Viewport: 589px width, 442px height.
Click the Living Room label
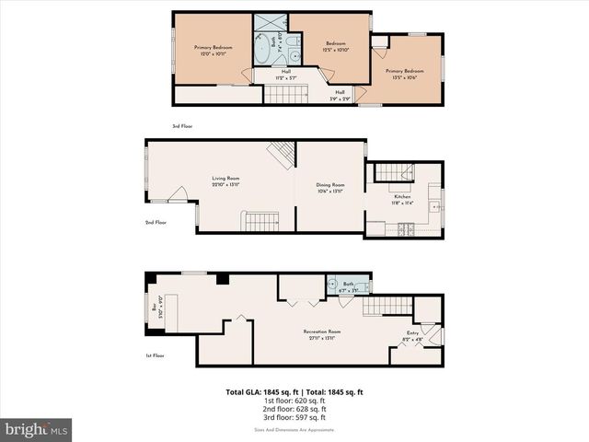point(225,181)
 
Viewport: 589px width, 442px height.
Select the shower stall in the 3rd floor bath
point(273,24)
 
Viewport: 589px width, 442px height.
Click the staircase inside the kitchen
point(396,171)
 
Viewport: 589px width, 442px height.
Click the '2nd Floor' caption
point(155,223)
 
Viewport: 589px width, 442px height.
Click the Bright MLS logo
point(37,429)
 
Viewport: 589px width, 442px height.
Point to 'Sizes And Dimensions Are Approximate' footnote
point(294,429)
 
